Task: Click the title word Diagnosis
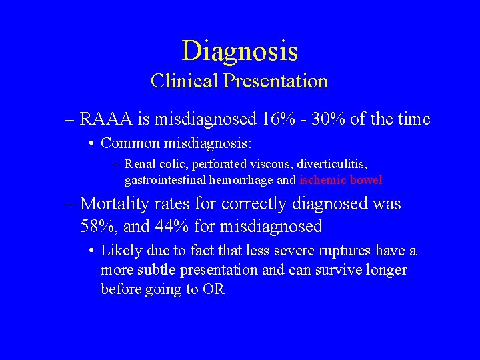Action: (x=239, y=51)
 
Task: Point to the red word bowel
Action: (x=366, y=179)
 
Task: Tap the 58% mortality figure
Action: (x=96, y=227)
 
